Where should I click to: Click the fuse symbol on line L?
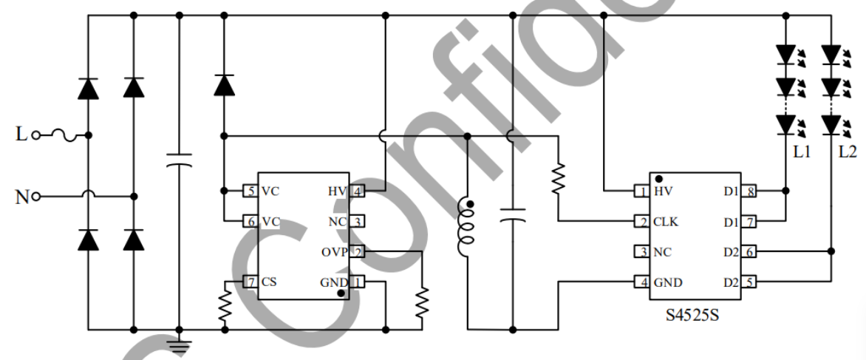click(60, 136)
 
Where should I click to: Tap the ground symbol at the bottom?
click(179, 342)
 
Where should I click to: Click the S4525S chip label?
click(692, 316)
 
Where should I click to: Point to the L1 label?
click(802, 153)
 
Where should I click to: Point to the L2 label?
click(848, 153)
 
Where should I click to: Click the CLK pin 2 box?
click(641, 221)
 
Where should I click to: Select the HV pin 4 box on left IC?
click(357, 191)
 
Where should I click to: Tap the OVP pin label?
click(333, 251)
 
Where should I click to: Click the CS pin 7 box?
click(250, 282)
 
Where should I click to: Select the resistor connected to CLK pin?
click(559, 177)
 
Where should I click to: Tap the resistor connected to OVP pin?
click(422, 302)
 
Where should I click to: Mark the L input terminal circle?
click(35, 136)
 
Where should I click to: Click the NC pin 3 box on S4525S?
click(641, 252)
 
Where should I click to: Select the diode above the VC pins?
click(224, 85)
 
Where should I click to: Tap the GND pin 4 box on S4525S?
click(641, 282)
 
